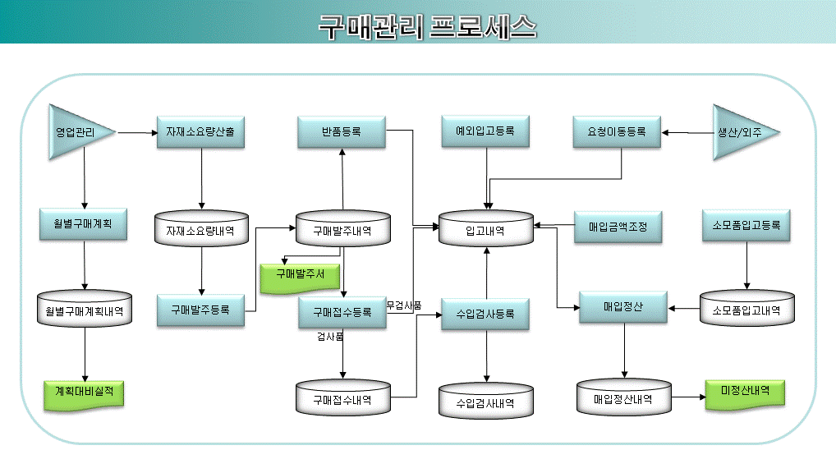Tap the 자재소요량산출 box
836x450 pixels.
pos(200,131)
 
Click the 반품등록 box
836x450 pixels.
pos(342,131)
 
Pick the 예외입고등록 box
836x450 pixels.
pos(485,131)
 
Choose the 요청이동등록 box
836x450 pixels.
pos(617,131)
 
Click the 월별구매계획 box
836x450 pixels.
pos(83,224)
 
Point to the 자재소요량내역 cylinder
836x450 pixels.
pos(201,229)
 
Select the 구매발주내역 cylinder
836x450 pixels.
pos(342,229)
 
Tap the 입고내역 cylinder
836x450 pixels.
pos(485,229)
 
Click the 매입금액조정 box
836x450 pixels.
pos(618,227)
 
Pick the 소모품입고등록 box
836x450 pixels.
pos(746,226)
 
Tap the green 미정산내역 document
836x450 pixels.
pos(745,394)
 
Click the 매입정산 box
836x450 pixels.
pos(623,307)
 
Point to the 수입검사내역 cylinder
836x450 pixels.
pos(485,401)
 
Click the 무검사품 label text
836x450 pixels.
pos(404,305)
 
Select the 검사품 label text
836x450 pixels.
pos(330,337)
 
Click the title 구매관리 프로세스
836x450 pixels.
pos(428,26)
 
